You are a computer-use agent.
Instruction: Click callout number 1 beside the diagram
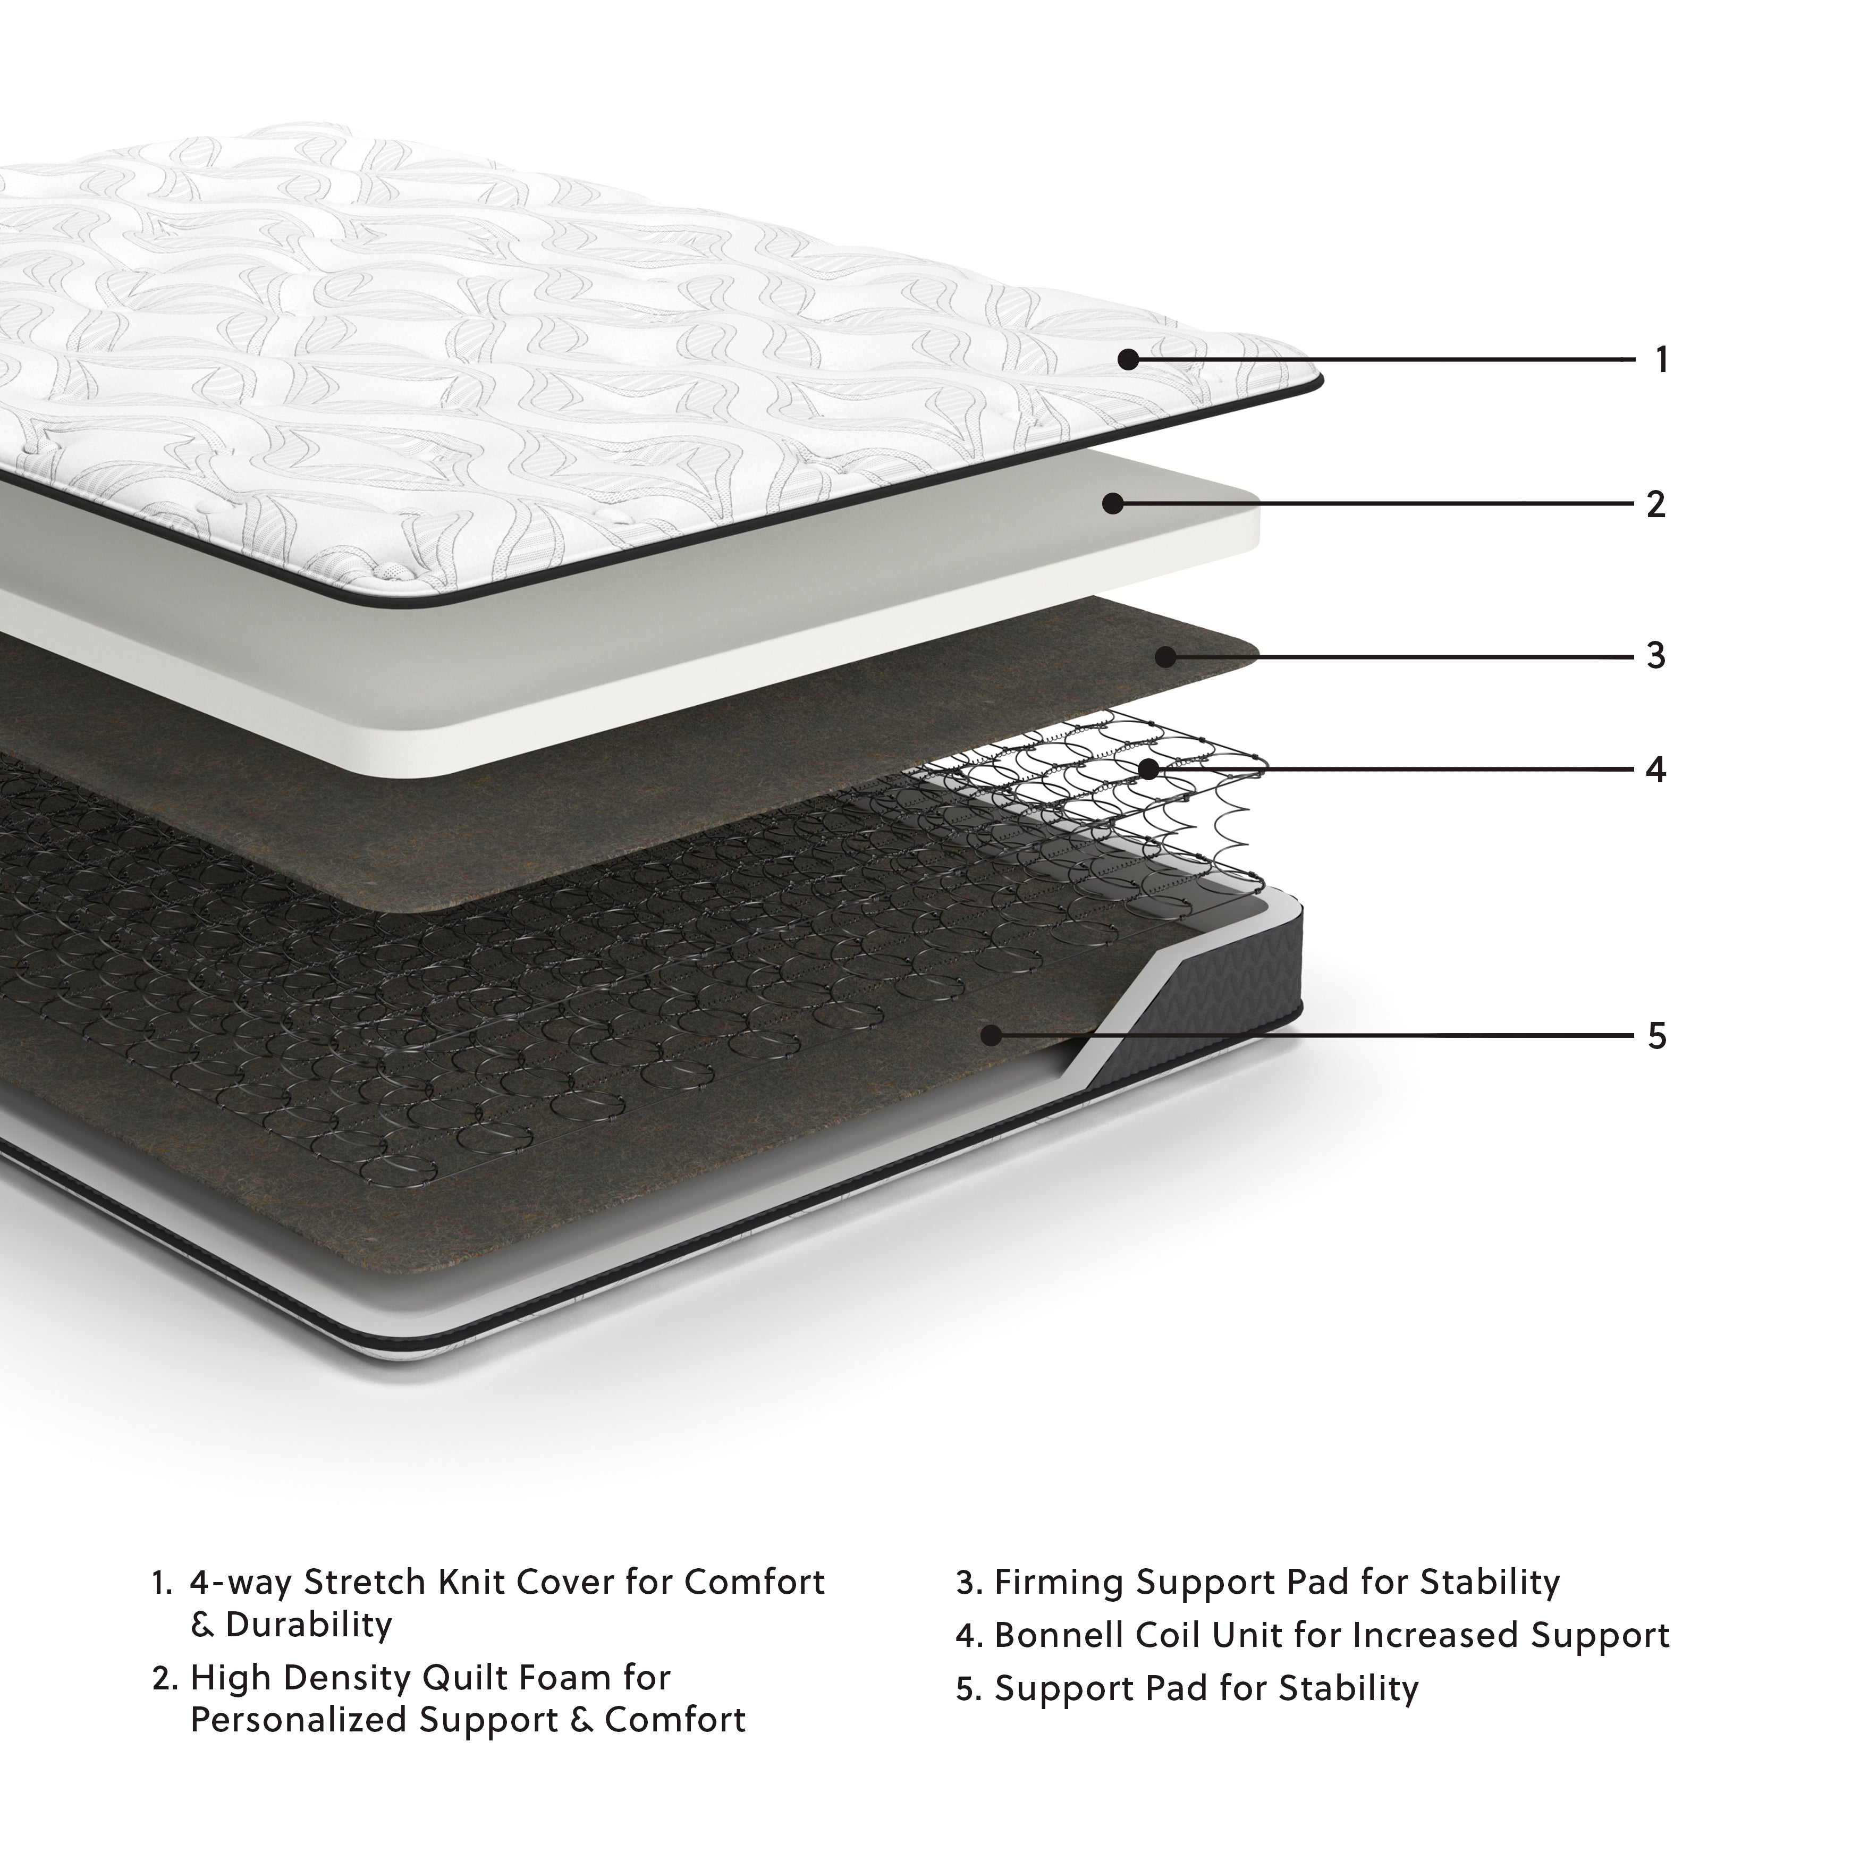tap(1661, 360)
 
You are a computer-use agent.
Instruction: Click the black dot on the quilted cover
tap(1128, 360)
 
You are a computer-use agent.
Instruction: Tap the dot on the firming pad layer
tap(1166, 657)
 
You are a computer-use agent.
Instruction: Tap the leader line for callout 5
tap(1348, 1036)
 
